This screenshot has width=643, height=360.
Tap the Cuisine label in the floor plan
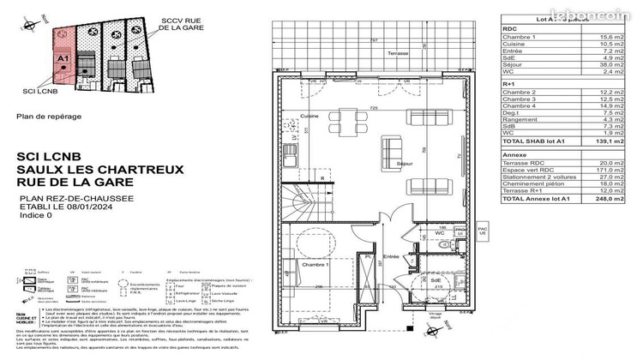pyautogui.click(x=309, y=115)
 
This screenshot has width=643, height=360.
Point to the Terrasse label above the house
pyautogui.click(x=396, y=53)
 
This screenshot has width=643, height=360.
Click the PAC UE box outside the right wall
pyautogui.click(x=481, y=233)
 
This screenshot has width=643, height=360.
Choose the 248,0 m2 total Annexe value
pyautogui.click(x=608, y=199)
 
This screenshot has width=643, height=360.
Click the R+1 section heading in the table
pyautogui.click(x=509, y=94)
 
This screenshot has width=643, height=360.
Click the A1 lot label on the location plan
pyautogui.click(x=63, y=58)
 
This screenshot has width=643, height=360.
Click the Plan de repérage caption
pyautogui.click(x=50, y=116)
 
